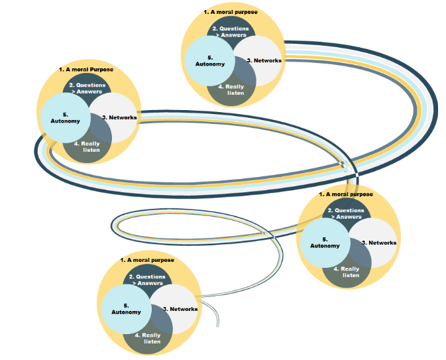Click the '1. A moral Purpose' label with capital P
[86, 70]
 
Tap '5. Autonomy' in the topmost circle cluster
[210, 61]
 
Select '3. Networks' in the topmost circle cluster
[264, 60]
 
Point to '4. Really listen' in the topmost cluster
[231, 90]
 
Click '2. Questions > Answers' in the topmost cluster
[231, 32]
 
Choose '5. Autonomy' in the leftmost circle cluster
[65, 118]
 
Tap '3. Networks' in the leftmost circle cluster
[119, 117]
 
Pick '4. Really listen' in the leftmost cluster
[87, 147]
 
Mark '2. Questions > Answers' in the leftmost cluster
[87, 88]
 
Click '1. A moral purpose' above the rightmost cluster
[346, 194]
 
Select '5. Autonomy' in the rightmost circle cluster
[325, 243]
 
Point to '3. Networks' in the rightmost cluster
[379, 243]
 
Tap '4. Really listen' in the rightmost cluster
[347, 272]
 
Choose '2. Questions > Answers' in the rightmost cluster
[346, 213]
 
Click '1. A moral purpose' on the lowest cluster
[147, 260]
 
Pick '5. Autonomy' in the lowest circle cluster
[126, 309]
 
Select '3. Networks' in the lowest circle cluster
[180, 309]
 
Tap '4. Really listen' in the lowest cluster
[148, 338]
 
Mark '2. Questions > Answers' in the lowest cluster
[147, 280]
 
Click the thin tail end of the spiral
[218, 326]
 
